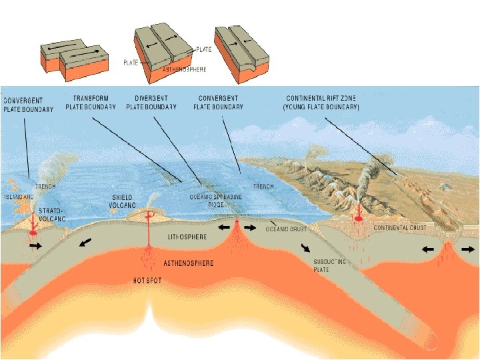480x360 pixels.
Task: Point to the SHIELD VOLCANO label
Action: click(x=123, y=201)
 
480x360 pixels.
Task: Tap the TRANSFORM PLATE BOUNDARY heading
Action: click(x=91, y=102)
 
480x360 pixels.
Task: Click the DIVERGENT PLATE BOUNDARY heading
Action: click(x=151, y=102)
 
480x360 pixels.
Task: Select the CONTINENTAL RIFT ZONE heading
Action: click(x=321, y=102)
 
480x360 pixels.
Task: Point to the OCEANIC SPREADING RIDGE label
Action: click(x=216, y=201)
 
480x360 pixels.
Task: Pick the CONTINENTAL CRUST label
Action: click(x=400, y=228)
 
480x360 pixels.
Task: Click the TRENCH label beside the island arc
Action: click(x=46, y=187)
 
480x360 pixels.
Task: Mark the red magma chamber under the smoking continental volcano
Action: click(x=358, y=218)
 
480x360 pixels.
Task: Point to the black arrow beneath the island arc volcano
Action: click(x=35, y=246)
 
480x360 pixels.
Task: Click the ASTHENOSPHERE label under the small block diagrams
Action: click(x=185, y=69)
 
